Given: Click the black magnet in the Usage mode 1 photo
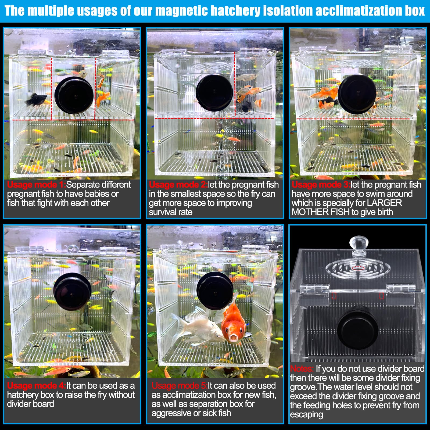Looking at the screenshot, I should tap(74, 95).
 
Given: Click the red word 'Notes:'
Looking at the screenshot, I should tap(302, 368).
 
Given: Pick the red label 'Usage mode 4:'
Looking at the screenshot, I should tap(36, 386).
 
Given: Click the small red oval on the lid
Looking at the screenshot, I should tap(359, 268).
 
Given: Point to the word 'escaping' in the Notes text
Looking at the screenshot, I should tap(306, 414).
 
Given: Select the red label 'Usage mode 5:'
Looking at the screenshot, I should tap(179, 386).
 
